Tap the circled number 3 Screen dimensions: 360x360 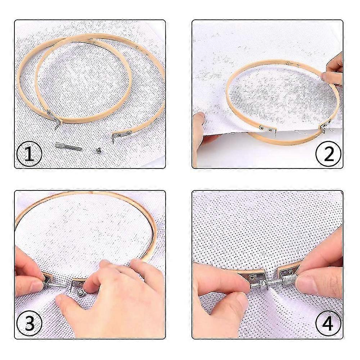coord(29,324)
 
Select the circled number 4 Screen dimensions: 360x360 coord(328,323)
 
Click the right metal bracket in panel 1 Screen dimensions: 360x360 coord(121,135)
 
